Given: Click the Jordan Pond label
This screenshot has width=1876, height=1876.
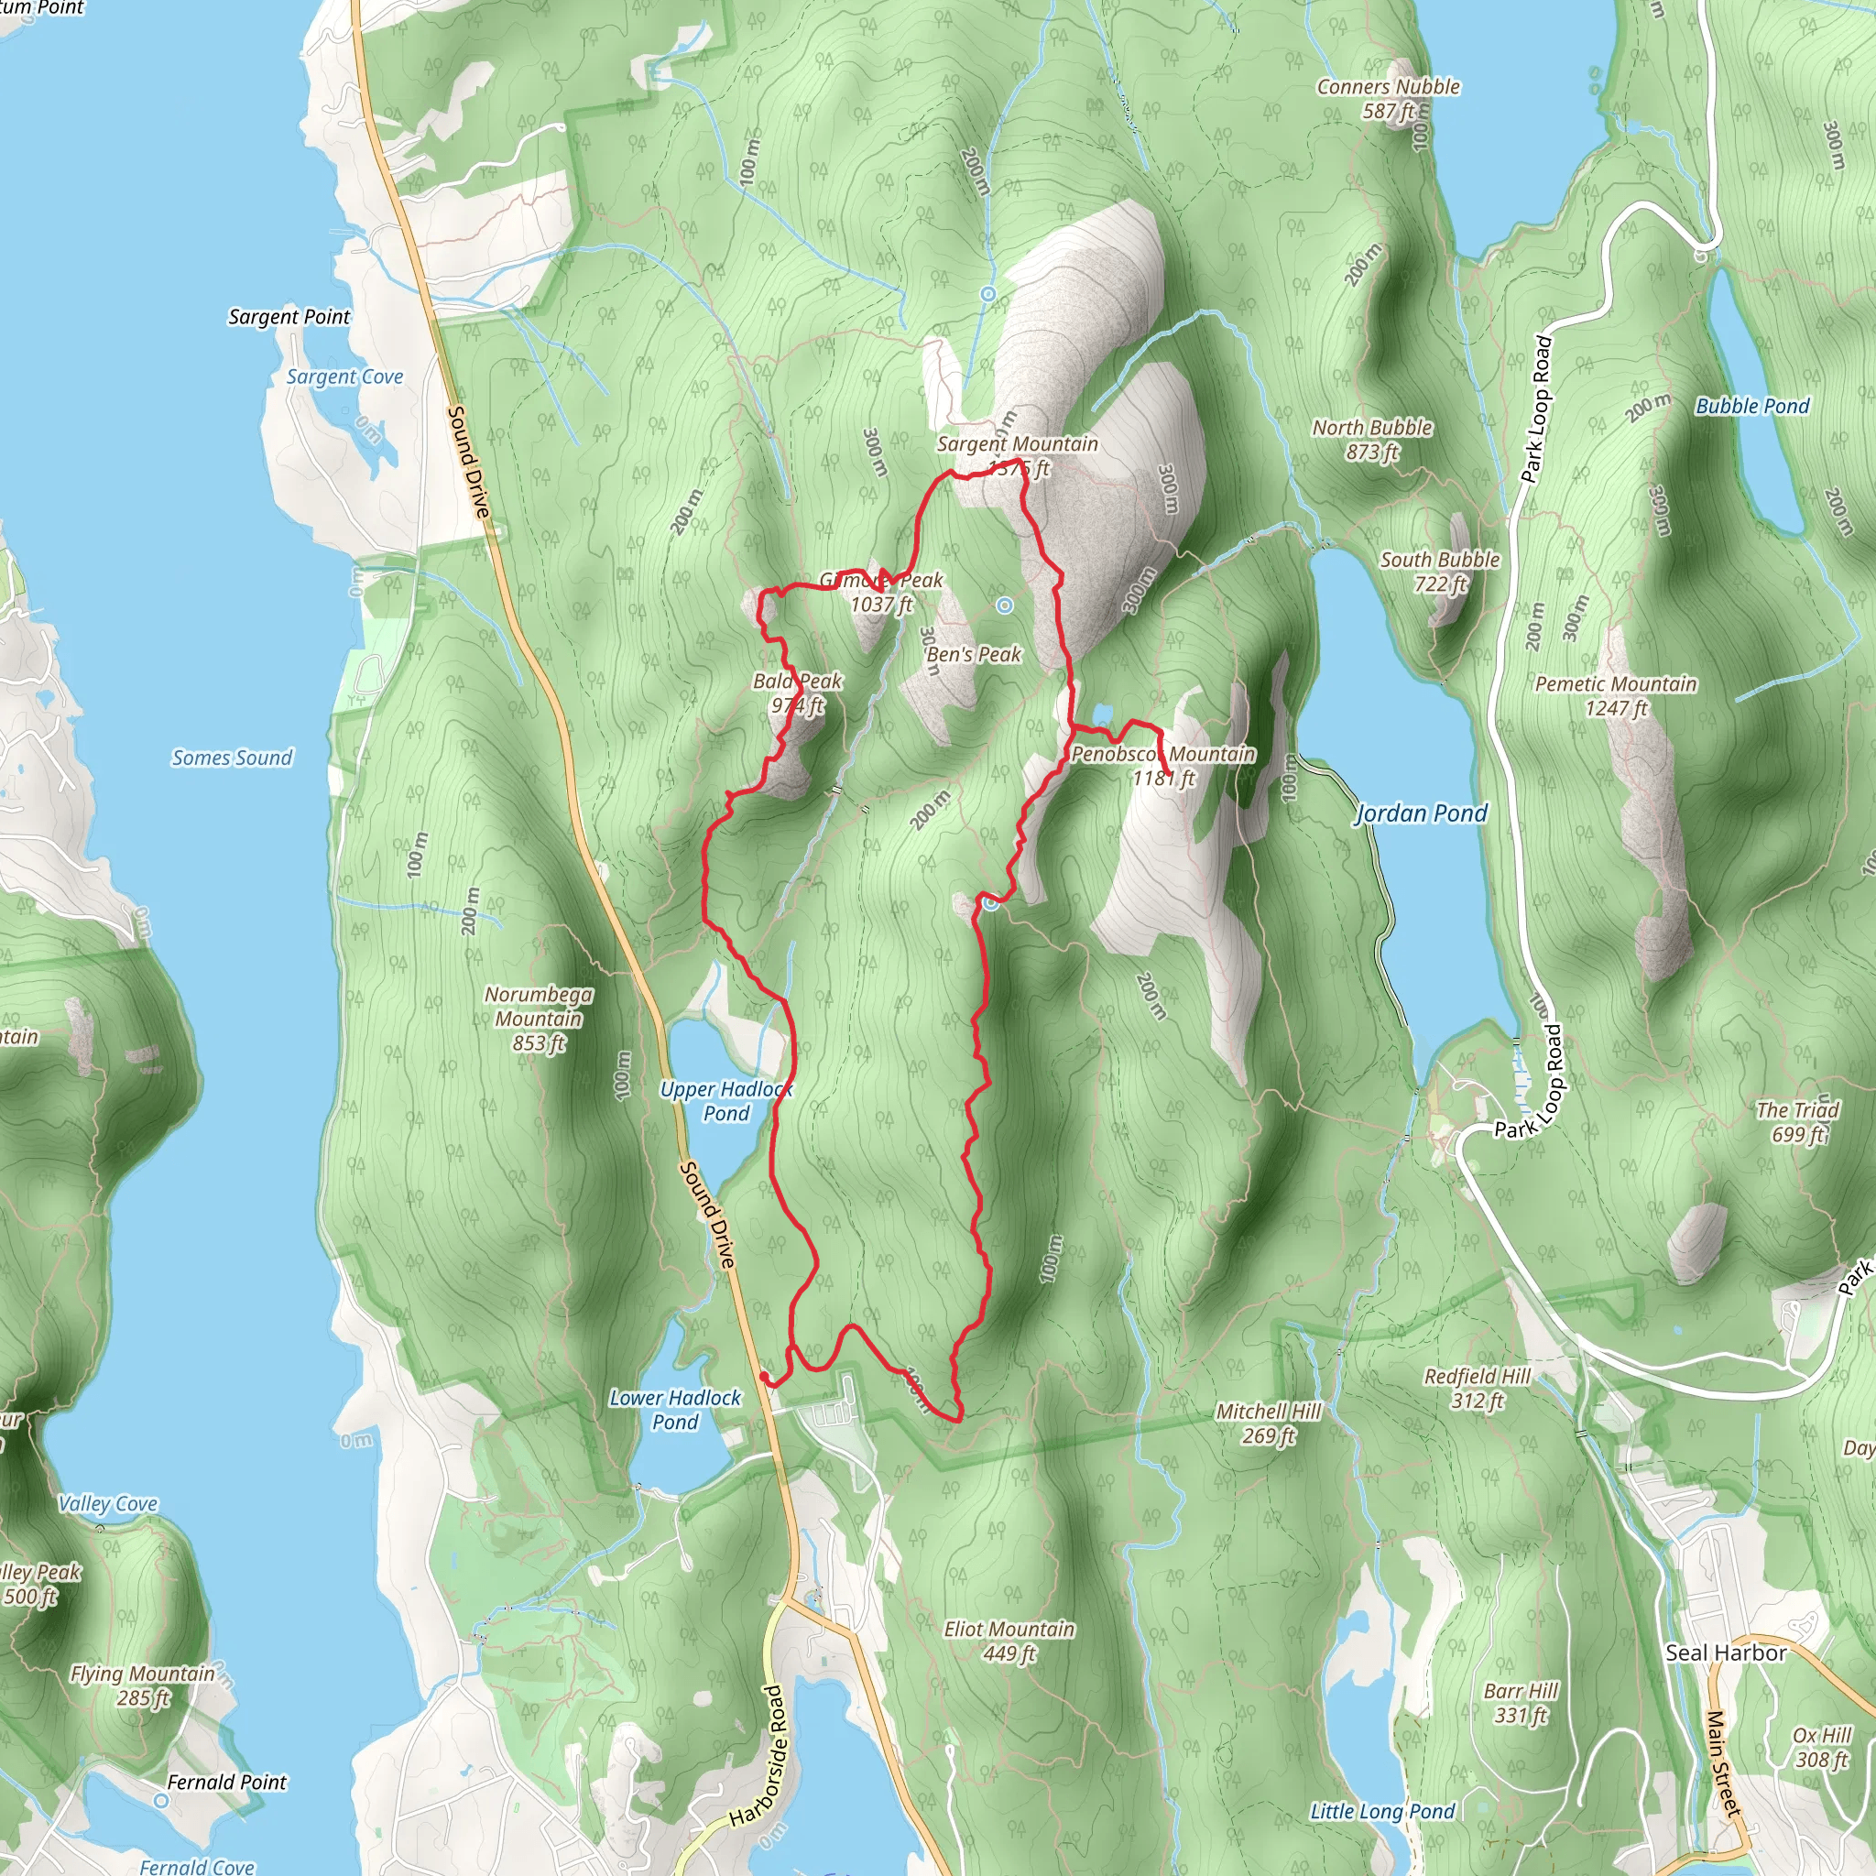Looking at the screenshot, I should click(x=1421, y=813).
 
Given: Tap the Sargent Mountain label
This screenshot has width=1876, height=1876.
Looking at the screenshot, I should click(x=1017, y=444).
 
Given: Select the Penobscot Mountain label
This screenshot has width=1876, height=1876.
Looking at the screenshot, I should click(x=1163, y=755).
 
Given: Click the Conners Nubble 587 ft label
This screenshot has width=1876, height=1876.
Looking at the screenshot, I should click(x=1389, y=99).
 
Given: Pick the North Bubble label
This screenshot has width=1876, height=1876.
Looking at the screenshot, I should click(x=1372, y=428).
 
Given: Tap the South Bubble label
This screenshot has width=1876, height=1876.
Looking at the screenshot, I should click(x=1440, y=561).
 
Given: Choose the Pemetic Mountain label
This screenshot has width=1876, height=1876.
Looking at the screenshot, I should click(x=1616, y=684).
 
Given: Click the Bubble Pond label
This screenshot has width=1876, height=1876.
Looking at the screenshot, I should click(x=1752, y=407).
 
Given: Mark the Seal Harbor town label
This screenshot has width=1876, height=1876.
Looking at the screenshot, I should click(x=1727, y=1652).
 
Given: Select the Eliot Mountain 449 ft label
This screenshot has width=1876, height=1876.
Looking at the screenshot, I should click(x=1009, y=1641).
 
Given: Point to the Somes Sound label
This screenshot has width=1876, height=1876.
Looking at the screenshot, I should click(x=232, y=758).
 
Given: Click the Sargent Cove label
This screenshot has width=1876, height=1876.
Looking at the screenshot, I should click(x=344, y=376).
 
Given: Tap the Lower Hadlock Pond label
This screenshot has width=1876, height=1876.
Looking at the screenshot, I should click(x=675, y=1410).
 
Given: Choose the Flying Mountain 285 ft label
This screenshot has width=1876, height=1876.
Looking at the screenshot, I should click(x=143, y=1685).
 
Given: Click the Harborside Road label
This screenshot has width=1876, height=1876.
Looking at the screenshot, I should click(x=760, y=1758).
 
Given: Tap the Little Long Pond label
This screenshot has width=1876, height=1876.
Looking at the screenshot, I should click(x=1382, y=1812).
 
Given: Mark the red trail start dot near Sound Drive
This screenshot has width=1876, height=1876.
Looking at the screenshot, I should click(x=764, y=1378).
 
